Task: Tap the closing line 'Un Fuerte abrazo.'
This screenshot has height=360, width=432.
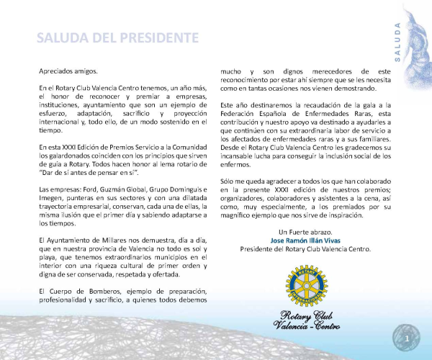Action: (305, 231)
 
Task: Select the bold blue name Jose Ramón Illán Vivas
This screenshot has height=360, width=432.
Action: (305, 240)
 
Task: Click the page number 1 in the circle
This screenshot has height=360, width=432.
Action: (408, 337)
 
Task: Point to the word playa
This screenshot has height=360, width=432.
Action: (50, 255)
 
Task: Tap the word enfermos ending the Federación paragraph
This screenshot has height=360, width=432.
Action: (235, 164)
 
